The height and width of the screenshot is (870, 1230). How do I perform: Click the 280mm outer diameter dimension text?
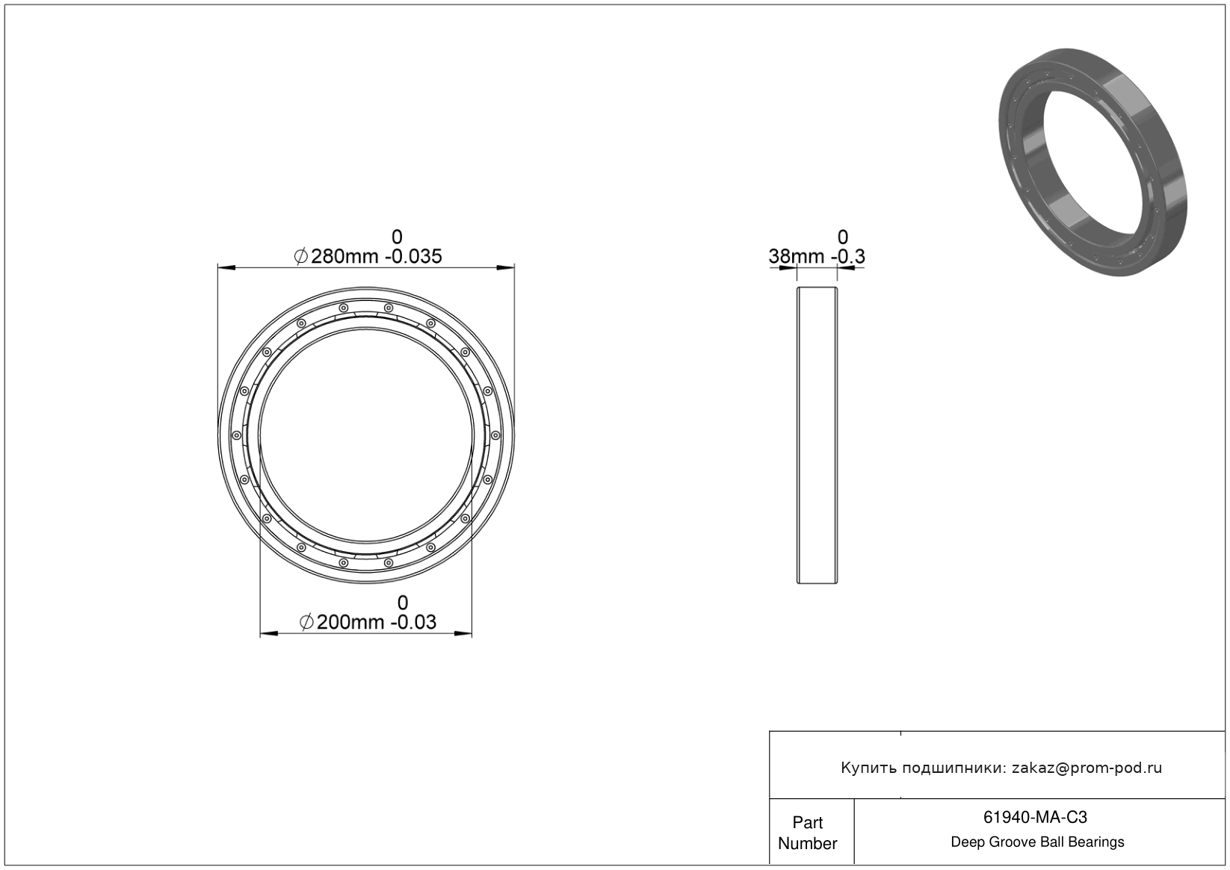coord(344,256)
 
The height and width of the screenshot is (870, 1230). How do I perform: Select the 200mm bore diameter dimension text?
coord(350,622)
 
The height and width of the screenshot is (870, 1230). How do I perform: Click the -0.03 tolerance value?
coord(413,622)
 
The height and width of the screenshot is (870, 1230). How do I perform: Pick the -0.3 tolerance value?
coord(848,256)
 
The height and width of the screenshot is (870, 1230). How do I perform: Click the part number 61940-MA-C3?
coord(1035,817)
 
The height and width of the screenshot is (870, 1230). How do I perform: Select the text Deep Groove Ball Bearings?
coord(1037,842)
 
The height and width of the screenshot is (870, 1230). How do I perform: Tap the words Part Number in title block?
coord(807,833)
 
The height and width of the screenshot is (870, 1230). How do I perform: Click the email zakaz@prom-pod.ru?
coord(1087,768)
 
